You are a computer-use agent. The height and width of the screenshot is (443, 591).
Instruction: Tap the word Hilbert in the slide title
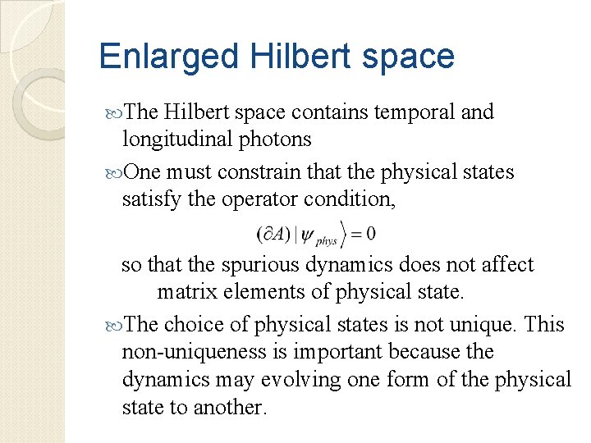[271, 57]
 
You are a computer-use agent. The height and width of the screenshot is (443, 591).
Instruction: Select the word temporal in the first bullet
[410, 112]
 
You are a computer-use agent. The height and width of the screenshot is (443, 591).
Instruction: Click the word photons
[275, 139]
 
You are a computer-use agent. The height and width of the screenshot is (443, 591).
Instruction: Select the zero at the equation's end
[370, 234]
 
